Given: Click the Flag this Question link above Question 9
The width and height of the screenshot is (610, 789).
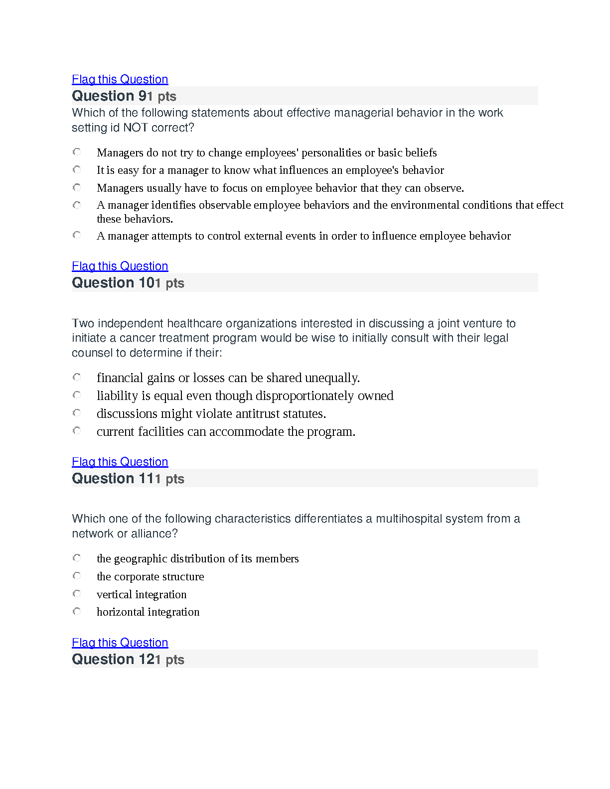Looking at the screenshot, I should pos(120,79).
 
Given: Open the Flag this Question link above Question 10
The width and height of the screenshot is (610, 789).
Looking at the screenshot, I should pos(120,266).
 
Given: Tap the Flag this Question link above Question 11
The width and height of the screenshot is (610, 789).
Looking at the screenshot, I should pos(120,462).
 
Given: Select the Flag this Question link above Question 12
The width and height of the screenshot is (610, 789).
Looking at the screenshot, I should pos(120,643).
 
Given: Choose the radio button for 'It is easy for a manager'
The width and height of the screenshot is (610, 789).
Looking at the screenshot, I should pos(77,170).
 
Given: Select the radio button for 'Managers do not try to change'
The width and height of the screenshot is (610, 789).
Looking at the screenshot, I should pos(77,152).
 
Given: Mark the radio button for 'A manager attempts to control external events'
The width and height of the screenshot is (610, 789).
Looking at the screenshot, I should pos(77,235).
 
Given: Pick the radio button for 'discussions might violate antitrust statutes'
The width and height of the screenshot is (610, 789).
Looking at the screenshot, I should pos(77,413).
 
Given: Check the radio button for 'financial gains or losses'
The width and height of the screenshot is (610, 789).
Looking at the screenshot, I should pos(77,377).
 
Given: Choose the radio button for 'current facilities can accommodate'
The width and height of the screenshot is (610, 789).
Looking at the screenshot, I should pos(77,431).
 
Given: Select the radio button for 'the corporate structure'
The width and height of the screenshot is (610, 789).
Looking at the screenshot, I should pos(77,576).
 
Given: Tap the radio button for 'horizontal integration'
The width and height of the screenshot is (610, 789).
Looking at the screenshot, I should pos(77,611).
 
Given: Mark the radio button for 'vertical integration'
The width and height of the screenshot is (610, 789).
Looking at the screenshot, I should pos(77,594).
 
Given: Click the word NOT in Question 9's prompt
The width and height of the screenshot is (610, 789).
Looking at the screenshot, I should pos(135,128).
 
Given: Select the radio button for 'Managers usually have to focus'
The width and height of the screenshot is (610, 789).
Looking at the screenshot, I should pos(77,187).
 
